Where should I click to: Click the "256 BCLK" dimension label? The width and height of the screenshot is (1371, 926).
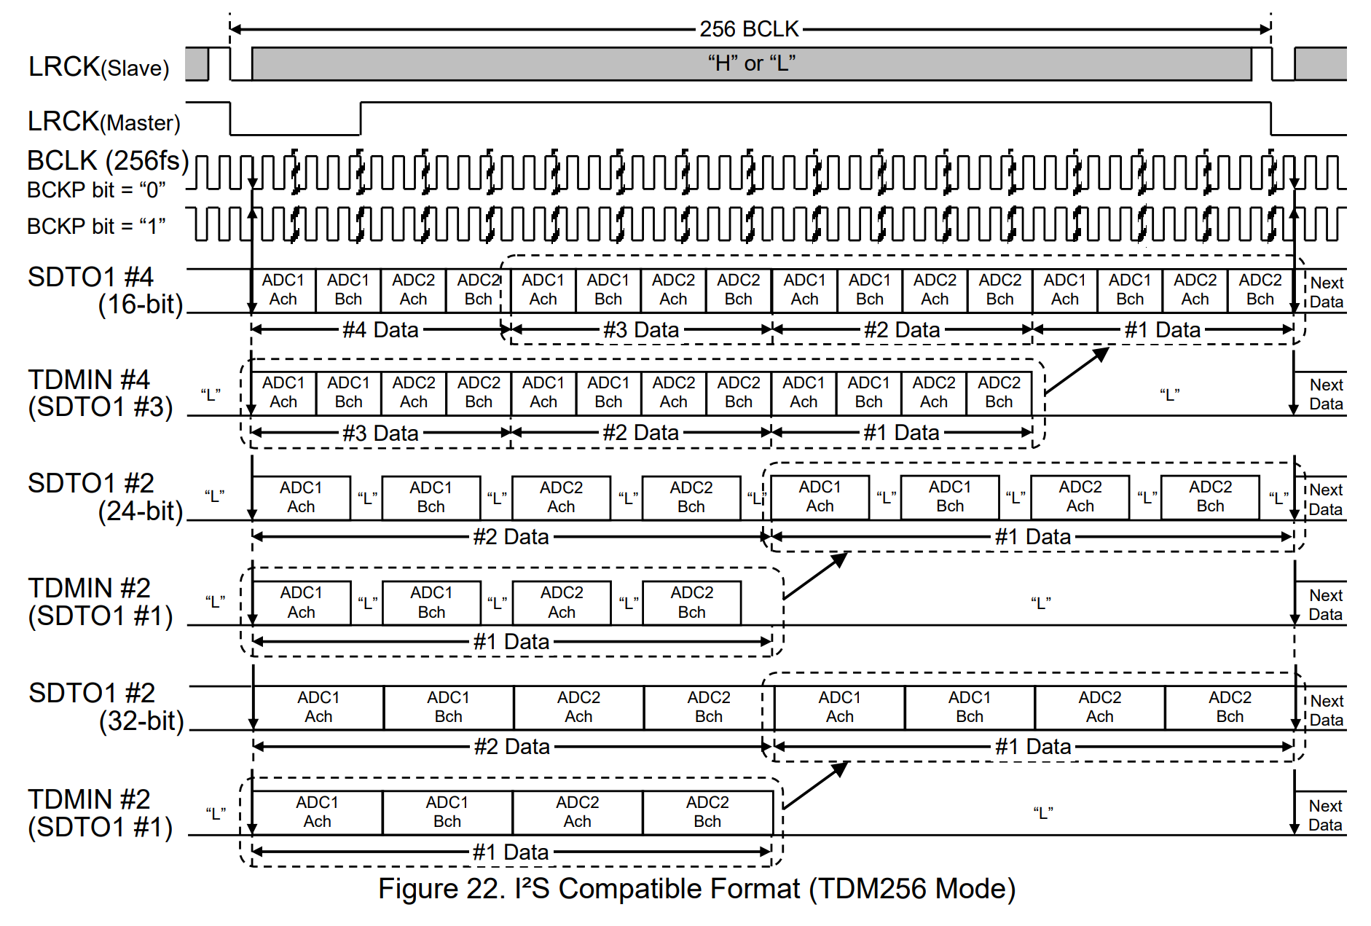(749, 29)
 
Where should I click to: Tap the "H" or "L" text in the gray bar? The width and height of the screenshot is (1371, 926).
(751, 63)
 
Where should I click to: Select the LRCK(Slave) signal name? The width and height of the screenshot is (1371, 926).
(98, 67)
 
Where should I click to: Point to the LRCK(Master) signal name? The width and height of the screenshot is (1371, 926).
(103, 122)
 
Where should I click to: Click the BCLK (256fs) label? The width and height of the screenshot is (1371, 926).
(108, 160)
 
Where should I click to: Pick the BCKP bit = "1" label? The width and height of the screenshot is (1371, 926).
(96, 226)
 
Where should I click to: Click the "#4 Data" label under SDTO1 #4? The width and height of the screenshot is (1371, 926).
(380, 330)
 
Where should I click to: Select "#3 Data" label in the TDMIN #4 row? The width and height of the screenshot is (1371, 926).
(380, 433)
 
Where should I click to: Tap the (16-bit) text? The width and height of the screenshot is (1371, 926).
(140, 304)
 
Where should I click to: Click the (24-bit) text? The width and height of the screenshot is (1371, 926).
(140, 511)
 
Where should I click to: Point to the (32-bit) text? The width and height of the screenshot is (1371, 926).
(141, 721)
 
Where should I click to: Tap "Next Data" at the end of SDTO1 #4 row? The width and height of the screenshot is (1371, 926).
(1327, 292)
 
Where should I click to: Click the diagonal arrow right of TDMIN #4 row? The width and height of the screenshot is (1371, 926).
(1077, 371)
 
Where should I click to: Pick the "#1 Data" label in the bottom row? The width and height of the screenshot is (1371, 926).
(510, 852)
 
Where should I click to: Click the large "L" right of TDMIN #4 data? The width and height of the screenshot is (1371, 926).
(1169, 395)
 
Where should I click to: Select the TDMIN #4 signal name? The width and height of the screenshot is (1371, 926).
(89, 380)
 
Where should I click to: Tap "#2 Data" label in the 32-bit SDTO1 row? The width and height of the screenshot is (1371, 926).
(511, 747)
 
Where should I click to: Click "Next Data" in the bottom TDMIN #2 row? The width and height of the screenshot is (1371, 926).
(1325, 815)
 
